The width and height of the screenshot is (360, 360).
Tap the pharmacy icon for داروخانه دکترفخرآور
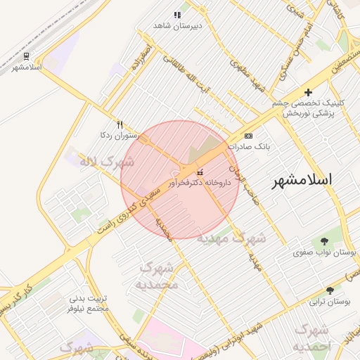point(200,172)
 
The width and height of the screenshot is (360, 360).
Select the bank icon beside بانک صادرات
point(247,136)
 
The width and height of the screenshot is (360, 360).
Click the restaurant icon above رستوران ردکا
point(120,124)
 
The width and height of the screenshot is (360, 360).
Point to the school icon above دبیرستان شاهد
point(177,15)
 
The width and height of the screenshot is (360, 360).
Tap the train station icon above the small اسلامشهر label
point(26,56)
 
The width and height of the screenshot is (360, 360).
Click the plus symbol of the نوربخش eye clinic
point(307,92)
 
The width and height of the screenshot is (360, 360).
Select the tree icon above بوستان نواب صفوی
point(323,241)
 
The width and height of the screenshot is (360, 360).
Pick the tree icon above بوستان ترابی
point(330,290)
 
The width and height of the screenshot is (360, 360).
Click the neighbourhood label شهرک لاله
point(106,162)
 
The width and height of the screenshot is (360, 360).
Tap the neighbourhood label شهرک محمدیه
point(159,276)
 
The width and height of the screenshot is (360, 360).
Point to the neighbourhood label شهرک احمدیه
point(311,337)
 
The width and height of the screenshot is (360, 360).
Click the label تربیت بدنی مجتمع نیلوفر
point(89,304)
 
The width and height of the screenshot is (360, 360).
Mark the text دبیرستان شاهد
point(178,25)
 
